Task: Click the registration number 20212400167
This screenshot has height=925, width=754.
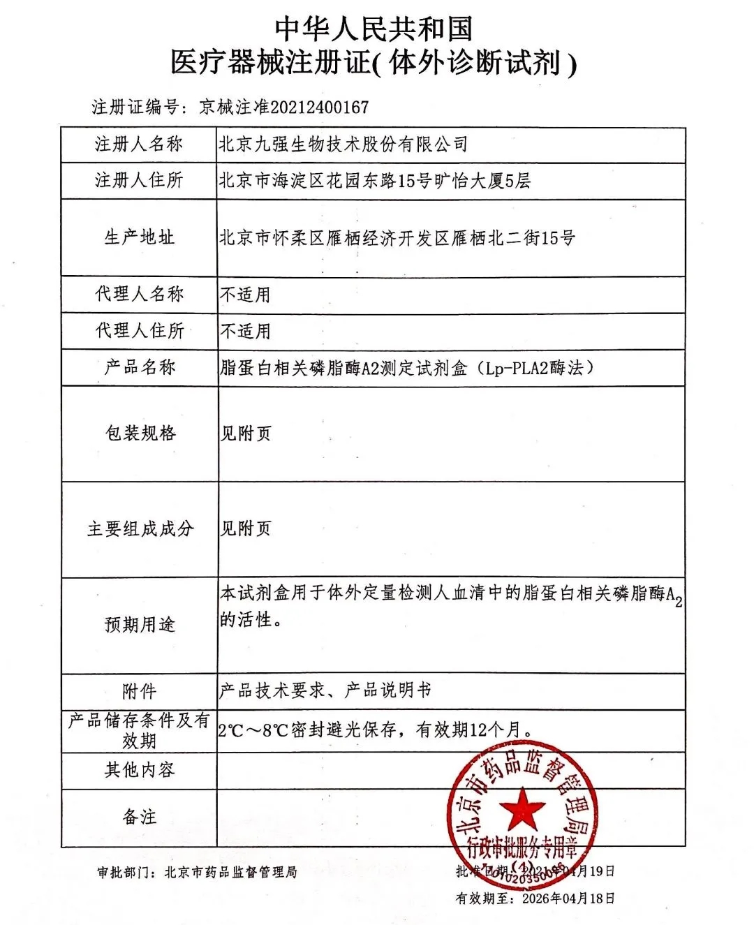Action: [x=319, y=108]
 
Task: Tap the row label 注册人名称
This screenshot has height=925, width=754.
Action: [x=139, y=145]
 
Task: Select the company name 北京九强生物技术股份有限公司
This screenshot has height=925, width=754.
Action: [x=343, y=145]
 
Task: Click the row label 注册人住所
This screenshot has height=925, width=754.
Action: [x=139, y=181]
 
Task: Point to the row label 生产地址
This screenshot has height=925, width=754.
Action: [x=139, y=237]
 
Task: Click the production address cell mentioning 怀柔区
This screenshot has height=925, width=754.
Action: [x=397, y=238]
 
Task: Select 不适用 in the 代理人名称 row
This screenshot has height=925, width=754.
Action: [x=245, y=295]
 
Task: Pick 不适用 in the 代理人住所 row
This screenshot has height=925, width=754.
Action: [x=245, y=331]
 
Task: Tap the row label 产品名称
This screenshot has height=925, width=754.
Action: [x=139, y=367]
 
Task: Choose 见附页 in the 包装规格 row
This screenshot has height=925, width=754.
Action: [x=245, y=434]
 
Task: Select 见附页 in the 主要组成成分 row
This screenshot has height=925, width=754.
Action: [x=245, y=528]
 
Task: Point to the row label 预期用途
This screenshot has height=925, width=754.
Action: [x=139, y=624]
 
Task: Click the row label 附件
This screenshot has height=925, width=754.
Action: [x=139, y=691]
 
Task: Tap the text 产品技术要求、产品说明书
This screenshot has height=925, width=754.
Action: [x=325, y=690]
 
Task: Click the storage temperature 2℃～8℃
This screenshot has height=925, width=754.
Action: [x=253, y=730]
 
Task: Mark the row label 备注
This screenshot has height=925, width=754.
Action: [x=139, y=817]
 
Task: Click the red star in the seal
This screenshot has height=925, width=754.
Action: [x=522, y=809]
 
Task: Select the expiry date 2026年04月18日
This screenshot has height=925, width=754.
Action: [x=568, y=898]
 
